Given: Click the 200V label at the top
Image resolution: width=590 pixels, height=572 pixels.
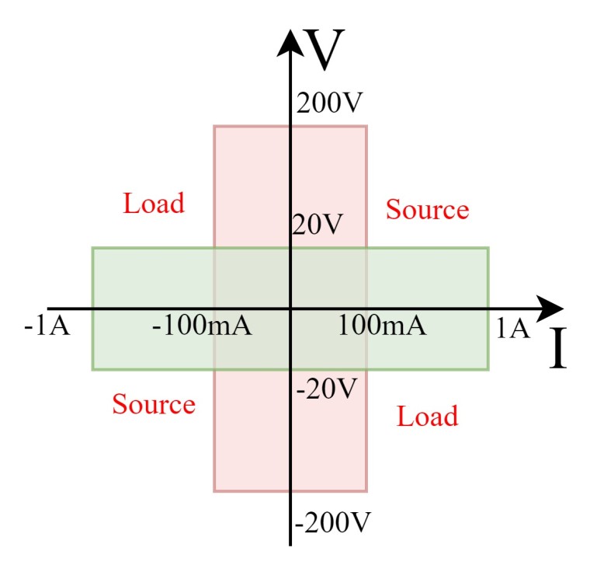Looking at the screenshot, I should (330, 103).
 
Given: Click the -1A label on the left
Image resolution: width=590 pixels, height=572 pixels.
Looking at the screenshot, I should (47, 326).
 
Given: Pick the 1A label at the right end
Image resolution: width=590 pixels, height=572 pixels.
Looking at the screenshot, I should (513, 329).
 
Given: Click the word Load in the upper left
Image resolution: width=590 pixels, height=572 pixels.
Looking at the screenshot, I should (154, 204).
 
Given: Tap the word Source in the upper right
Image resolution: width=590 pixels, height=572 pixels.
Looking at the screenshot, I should (428, 210).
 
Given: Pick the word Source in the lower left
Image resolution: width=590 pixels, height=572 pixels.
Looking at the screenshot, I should (154, 405).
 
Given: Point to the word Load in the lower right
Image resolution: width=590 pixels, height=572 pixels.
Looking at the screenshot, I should (427, 417).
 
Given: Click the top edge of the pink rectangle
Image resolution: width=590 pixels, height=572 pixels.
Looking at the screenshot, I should (248, 127).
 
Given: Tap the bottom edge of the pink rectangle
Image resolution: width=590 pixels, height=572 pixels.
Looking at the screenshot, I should (248, 491).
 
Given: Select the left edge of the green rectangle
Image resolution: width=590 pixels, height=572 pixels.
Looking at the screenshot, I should (93, 342).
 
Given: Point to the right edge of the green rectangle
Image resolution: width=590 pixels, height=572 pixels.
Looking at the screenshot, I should (488, 342).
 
